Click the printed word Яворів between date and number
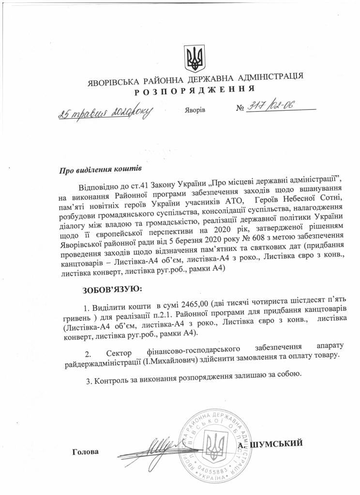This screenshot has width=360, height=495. (195, 110)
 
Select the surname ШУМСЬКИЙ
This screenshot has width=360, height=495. (278, 443)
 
